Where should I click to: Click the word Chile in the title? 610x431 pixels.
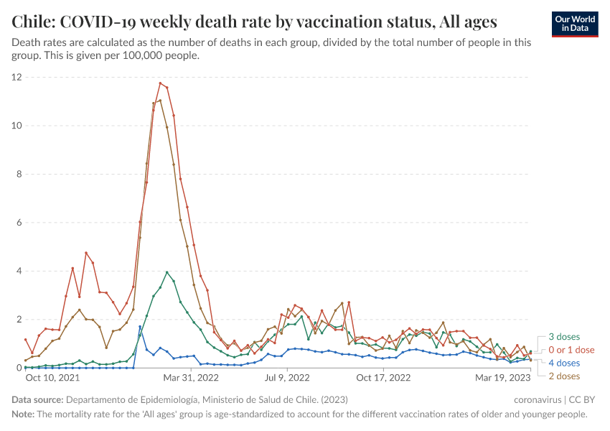coord(33,21)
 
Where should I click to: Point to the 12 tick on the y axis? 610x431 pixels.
coord(17,77)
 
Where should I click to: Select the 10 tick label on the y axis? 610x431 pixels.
coord(17,126)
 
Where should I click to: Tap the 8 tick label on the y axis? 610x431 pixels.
coord(19,174)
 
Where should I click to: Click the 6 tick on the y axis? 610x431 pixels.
coord(19,223)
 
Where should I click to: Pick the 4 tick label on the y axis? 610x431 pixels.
coord(19,271)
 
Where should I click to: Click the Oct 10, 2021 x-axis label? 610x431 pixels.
coord(52,377)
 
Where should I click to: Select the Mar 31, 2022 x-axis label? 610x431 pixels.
coord(191,377)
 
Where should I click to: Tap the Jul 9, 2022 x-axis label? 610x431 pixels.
coord(287,377)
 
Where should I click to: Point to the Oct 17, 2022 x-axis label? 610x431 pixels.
coord(383,377)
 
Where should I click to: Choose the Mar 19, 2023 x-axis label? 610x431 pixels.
coord(502,377)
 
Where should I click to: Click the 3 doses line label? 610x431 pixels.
coord(564,337)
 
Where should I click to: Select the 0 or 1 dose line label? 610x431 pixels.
coord(571,350)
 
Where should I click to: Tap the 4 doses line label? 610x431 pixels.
coord(564,363)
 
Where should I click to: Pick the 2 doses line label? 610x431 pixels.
coord(564,376)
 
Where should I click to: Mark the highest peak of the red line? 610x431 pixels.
coord(160,83)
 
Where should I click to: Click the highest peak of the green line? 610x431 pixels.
coord(167,272)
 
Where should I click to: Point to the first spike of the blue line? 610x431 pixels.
coord(140,327)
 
